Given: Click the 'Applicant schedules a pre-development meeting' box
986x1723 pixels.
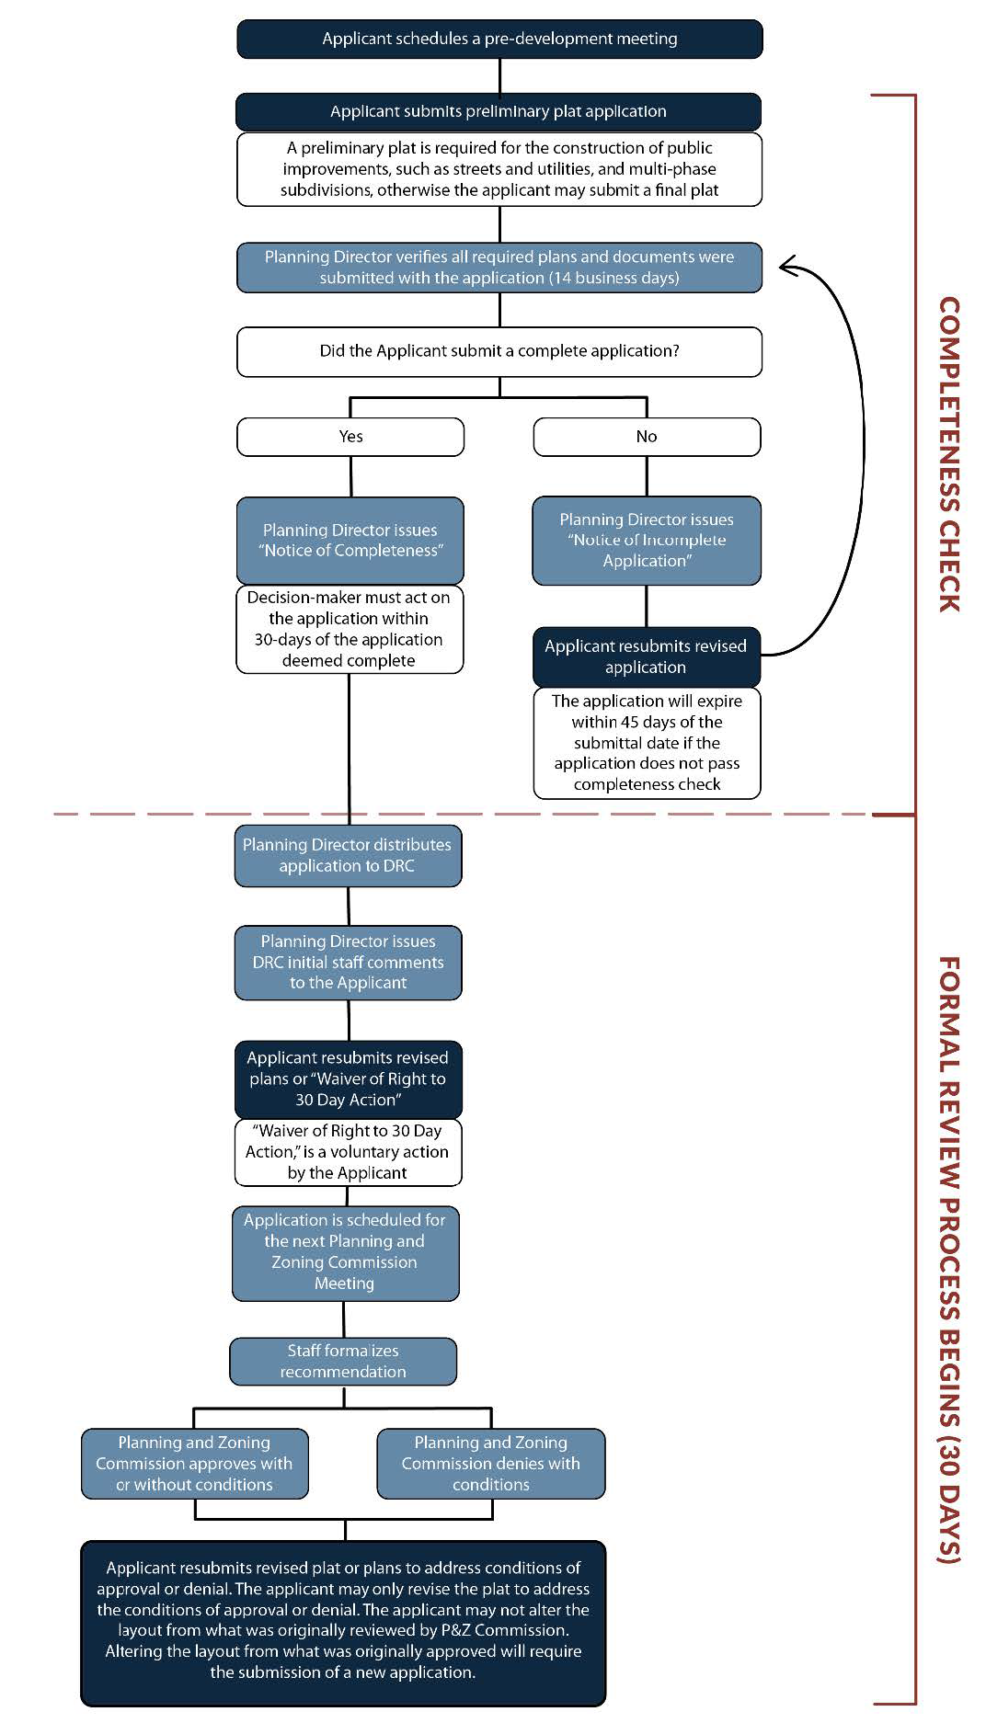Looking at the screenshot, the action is pos(499,39).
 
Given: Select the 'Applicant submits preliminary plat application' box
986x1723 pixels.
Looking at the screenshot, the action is pos(499,111).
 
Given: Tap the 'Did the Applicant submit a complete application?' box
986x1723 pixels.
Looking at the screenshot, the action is pos(499,351).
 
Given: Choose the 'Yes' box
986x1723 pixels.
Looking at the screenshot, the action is pos(350,437).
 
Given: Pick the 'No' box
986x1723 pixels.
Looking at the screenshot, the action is pos(647,437).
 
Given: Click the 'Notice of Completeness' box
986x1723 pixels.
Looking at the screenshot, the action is pos(350,541).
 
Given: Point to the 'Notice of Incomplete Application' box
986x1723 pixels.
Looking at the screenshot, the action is pos(647,541).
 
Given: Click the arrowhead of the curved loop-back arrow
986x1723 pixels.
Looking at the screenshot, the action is pos(786,267).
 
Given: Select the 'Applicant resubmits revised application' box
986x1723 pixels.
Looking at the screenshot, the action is pos(646,656).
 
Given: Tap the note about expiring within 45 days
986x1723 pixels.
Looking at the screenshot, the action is pos(647,743).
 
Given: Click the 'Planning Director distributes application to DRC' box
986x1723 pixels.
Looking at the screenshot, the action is pos(348,856).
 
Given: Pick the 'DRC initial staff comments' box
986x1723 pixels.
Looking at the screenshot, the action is pos(348,963).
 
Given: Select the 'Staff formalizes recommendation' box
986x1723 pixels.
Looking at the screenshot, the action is pos(343,1362).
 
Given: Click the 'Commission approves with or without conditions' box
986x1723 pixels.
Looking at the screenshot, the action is pos(194,1464).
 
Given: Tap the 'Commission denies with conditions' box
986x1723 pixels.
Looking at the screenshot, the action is pos(491,1464).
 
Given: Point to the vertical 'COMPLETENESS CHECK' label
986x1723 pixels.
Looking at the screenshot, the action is pos(949,454).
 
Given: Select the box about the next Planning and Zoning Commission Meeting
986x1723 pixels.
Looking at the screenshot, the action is pos(345,1253).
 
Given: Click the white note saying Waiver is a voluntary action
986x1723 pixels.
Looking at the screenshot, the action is pos(348,1152).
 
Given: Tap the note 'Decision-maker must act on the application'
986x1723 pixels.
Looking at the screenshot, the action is pos(350,630).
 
